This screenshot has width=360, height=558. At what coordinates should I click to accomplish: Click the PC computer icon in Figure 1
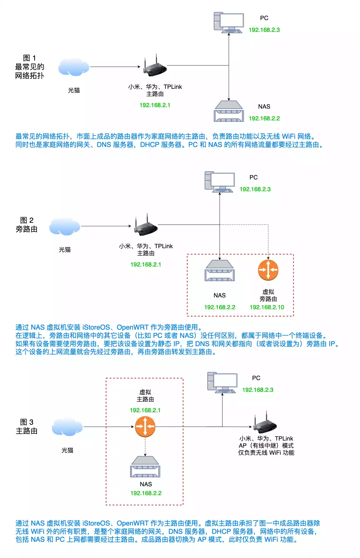point(229,22)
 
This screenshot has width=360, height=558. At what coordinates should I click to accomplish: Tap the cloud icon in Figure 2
point(65,226)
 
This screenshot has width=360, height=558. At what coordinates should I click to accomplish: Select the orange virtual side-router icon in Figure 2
point(268,270)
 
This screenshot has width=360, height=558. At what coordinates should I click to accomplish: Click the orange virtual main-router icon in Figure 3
point(145,426)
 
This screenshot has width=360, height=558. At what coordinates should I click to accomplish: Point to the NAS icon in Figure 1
point(229,111)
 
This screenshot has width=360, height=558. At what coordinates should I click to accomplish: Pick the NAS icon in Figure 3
point(145,467)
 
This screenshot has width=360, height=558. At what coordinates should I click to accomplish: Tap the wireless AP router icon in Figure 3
point(265,422)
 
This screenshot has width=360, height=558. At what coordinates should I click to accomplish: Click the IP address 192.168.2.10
point(267,307)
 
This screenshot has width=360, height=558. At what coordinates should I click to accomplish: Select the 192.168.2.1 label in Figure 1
point(155,105)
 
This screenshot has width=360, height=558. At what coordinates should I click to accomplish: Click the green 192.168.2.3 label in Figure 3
point(258,390)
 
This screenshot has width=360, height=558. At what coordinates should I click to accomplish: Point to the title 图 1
point(29,58)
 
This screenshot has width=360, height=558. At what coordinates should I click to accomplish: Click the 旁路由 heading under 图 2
point(27,229)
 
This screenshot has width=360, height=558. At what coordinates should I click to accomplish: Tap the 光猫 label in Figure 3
point(67,450)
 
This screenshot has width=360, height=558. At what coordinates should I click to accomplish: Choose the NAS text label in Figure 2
point(220,295)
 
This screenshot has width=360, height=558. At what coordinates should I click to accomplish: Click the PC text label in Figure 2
point(253,177)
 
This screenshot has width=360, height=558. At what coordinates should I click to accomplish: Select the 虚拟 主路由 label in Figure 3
point(145,396)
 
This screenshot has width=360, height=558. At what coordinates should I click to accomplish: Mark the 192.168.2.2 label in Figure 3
point(146,493)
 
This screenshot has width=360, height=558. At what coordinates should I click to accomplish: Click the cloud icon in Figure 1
point(74,67)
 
